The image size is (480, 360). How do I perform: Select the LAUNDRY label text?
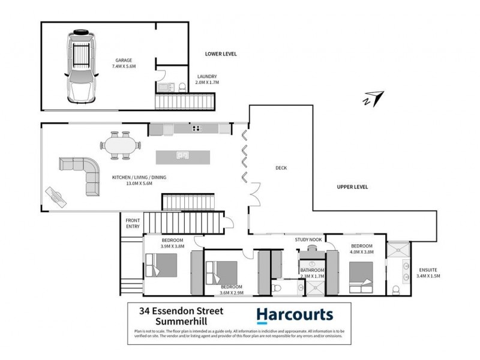[x=207, y=76]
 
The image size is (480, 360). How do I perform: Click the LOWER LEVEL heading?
[x=221, y=54]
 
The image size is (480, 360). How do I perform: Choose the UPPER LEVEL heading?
[x=352, y=187]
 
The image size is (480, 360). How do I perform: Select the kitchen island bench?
[x=183, y=157]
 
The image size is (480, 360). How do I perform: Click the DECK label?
[x=281, y=168]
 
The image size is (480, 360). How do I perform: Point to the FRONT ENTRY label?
[x=133, y=223]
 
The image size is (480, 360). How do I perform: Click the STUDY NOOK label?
[x=308, y=240]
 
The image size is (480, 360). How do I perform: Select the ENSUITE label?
[x=428, y=269]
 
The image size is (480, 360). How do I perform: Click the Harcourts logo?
[x=295, y=314]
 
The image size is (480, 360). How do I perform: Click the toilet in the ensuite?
[x=396, y=290]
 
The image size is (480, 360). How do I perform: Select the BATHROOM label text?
[x=312, y=270]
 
